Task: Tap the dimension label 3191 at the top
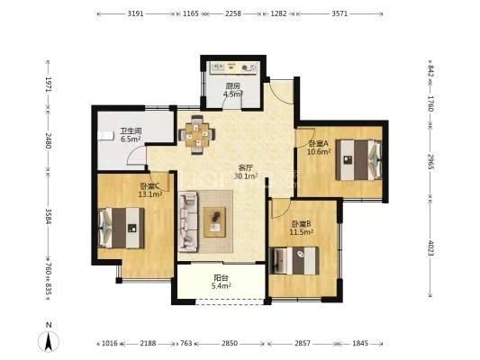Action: click(x=135, y=13)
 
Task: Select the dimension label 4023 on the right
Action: click(x=430, y=248)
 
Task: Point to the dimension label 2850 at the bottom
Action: click(x=230, y=344)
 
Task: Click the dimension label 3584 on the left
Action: click(x=49, y=216)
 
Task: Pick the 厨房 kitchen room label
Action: click(x=233, y=85)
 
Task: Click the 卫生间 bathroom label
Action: click(x=131, y=131)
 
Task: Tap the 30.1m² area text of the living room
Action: click(x=246, y=176)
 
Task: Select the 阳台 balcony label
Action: click(x=221, y=278)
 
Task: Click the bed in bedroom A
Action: click(x=358, y=160)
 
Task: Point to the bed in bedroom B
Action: click(x=294, y=261)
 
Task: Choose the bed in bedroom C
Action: click(x=122, y=228)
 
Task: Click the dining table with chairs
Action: click(x=197, y=135)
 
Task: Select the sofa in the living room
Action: click(x=187, y=221)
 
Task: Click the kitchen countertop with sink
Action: click(x=233, y=67)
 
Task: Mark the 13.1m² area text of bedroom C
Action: click(x=150, y=194)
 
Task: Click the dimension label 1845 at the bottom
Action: click(x=360, y=344)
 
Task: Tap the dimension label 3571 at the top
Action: click(x=340, y=13)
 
